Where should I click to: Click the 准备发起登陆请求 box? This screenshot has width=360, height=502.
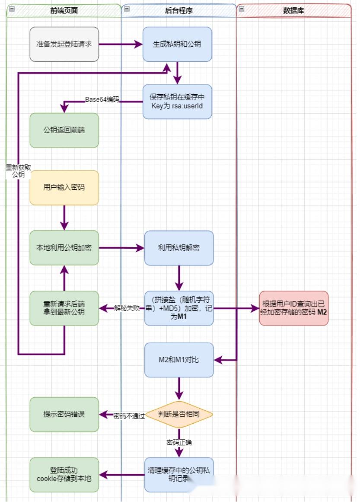tap(64, 44)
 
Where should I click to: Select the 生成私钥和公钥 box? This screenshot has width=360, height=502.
tap(177, 44)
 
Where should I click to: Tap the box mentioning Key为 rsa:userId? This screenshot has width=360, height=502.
tap(177, 102)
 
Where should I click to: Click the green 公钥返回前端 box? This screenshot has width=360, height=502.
tap(64, 130)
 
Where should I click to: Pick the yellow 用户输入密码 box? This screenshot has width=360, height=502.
tap(64, 188)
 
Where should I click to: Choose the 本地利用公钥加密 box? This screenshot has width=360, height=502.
tap(64, 248)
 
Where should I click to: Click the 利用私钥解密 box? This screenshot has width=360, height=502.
tap(179, 248)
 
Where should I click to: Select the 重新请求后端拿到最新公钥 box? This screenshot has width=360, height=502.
tap(64, 308)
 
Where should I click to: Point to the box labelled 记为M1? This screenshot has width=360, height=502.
tap(179, 308)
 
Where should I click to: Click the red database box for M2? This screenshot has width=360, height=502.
tap(294, 308)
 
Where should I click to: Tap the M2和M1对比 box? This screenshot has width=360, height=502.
tap(179, 360)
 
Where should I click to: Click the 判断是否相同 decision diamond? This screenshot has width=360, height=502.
tap(179, 414)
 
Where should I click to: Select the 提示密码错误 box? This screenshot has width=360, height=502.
tap(64, 414)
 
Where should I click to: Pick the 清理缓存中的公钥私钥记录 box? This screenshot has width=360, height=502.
tap(179, 474)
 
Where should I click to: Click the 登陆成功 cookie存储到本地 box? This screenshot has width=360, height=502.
tap(64, 474)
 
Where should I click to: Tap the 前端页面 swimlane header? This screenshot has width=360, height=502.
tap(64, 11)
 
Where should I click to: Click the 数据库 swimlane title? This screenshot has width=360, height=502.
tap(294, 11)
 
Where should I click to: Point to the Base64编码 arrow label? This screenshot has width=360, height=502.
tap(102, 99)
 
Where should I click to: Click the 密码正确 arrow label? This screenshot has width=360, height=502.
tap(179, 443)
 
